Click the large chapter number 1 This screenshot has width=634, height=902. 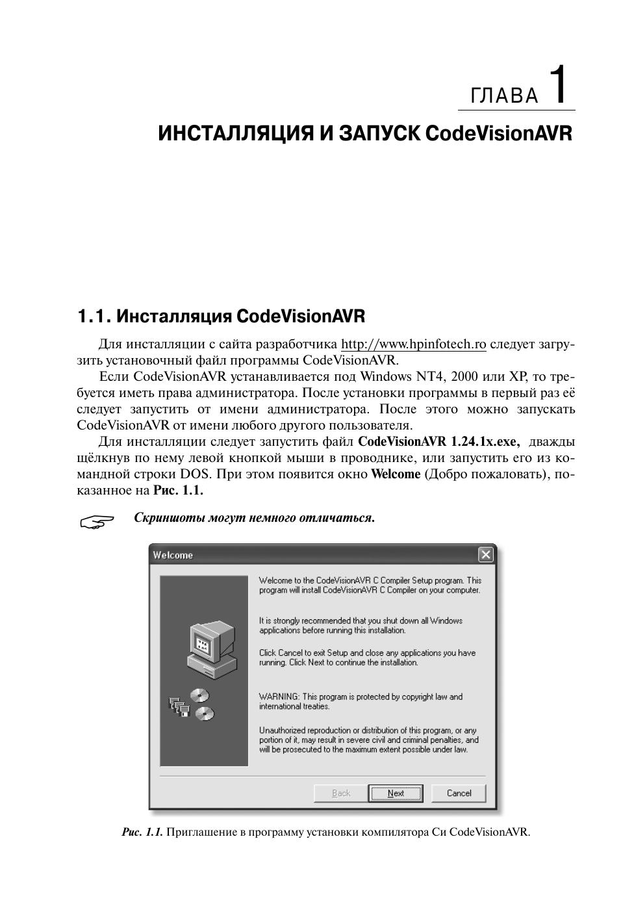click(x=561, y=84)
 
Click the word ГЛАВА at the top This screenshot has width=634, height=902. click(x=505, y=96)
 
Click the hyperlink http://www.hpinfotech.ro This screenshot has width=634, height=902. click(x=413, y=344)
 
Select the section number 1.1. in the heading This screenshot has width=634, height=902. click(x=95, y=316)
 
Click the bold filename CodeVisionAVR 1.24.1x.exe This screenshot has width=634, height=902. click(x=438, y=442)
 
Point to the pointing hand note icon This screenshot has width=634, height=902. click(x=96, y=521)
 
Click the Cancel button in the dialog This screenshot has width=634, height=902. click(x=459, y=793)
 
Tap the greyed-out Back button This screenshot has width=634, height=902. click(x=340, y=793)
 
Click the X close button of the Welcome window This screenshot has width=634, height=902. click(x=485, y=554)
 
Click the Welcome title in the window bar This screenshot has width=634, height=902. click(x=173, y=555)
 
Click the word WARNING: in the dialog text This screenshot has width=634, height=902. click(x=279, y=697)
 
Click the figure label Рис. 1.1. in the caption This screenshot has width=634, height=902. click(x=142, y=832)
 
